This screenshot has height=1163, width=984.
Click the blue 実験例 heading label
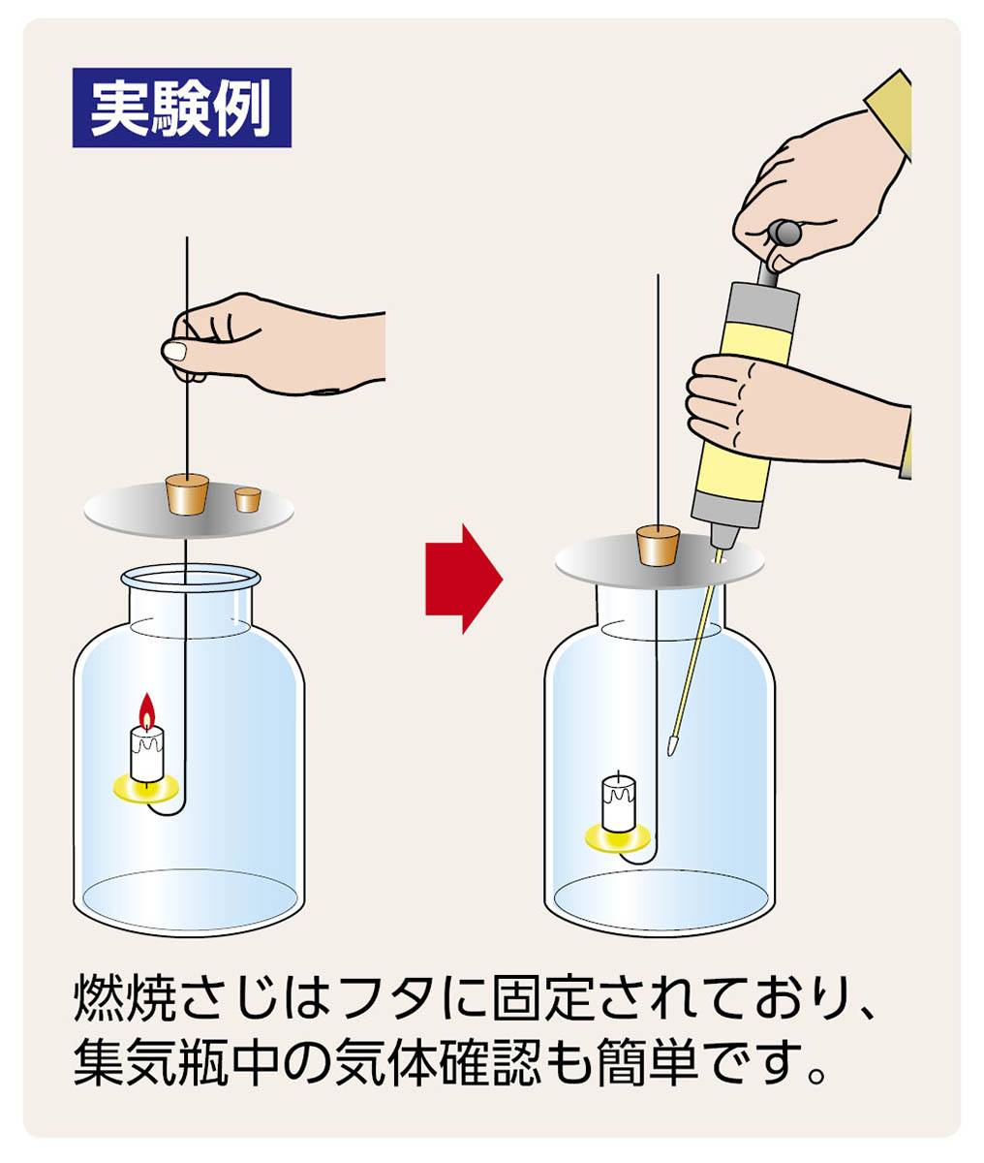[x=182, y=108]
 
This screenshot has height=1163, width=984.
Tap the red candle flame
[x=147, y=711]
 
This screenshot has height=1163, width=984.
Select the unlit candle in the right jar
[x=619, y=803]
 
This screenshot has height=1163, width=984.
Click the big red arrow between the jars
[x=463, y=579]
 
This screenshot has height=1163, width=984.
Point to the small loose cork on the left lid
[x=248, y=500]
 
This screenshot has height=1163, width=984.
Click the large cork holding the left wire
[x=187, y=494]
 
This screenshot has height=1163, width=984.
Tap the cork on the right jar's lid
[x=659, y=546]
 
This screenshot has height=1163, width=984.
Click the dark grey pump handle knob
[x=784, y=233]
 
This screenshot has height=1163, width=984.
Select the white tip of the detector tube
[x=671, y=747]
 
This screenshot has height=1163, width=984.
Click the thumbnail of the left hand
[x=174, y=351]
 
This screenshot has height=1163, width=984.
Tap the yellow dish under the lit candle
[x=146, y=788]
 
